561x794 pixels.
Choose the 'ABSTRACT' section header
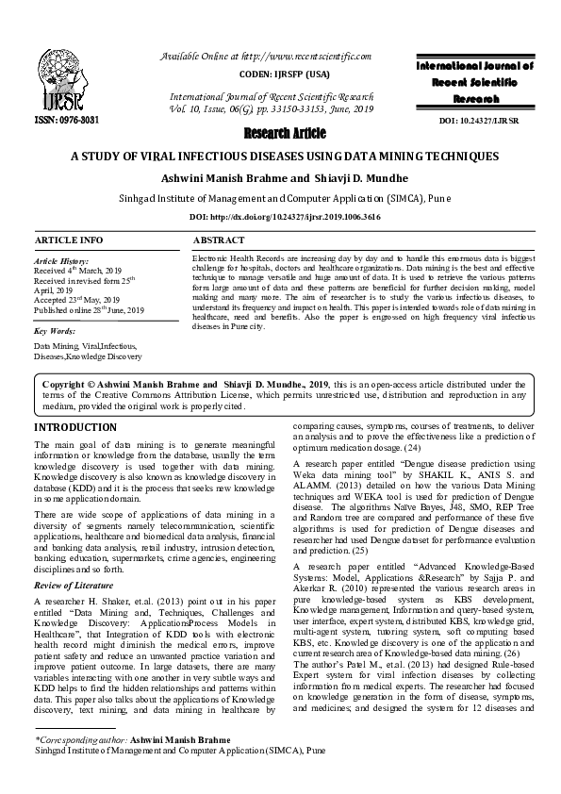(x=218, y=240)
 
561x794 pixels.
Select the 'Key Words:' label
(x=54, y=332)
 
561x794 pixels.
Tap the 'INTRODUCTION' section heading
(x=74, y=427)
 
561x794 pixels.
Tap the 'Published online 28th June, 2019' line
(x=90, y=309)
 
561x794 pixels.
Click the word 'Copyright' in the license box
(x=68, y=384)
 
